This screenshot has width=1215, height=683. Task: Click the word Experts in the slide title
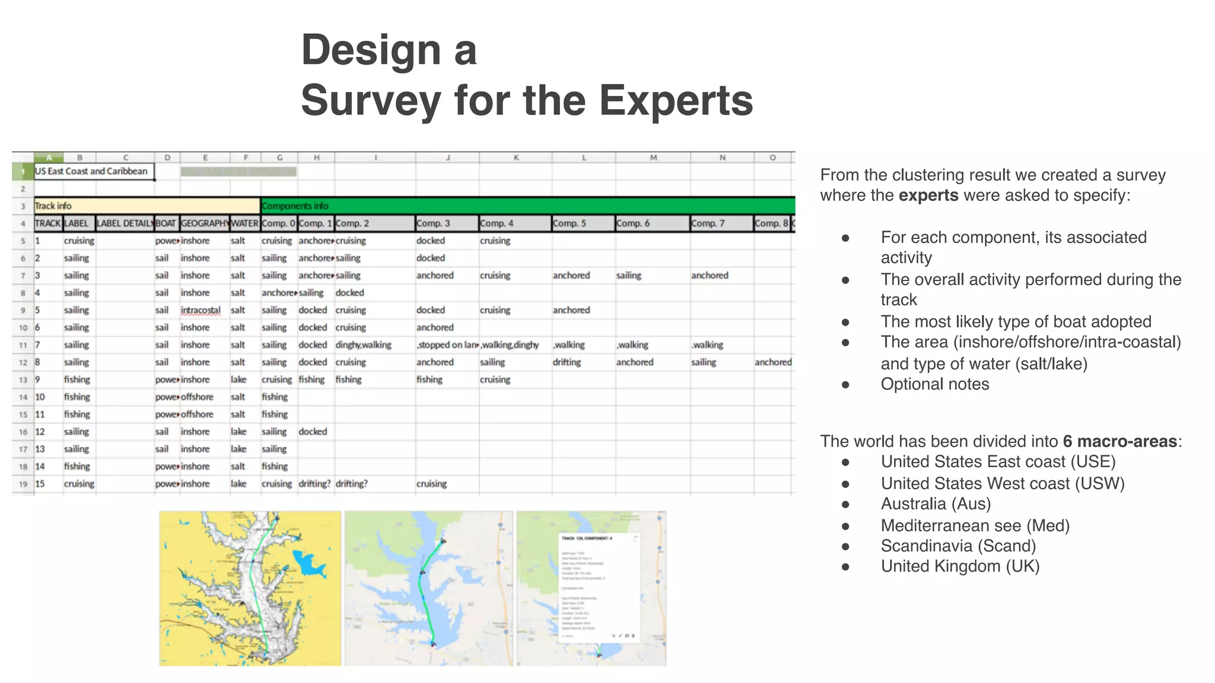click(x=676, y=100)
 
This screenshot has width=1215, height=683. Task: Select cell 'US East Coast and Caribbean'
click(x=91, y=171)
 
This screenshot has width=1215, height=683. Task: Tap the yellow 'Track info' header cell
click(x=53, y=206)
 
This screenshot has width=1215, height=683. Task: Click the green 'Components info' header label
click(x=295, y=206)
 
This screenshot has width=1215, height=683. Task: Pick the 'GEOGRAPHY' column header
click(x=205, y=224)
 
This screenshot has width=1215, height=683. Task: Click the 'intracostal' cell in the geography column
click(x=201, y=310)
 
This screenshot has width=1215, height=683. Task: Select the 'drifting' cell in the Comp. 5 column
click(x=567, y=362)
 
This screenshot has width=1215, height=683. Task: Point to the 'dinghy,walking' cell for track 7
click(x=364, y=345)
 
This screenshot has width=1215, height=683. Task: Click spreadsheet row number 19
click(x=23, y=484)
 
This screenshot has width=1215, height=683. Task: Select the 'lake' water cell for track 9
click(x=238, y=379)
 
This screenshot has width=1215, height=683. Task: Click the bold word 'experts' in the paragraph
click(x=928, y=195)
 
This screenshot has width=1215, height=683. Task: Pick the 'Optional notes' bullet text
click(x=934, y=384)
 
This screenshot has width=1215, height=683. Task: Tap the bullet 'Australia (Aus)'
click(x=936, y=504)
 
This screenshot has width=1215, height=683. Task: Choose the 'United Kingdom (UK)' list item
click(x=960, y=566)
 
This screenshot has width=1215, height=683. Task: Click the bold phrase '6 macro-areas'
click(x=1119, y=441)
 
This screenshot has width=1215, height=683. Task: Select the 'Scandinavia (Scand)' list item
click(x=958, y=545)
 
